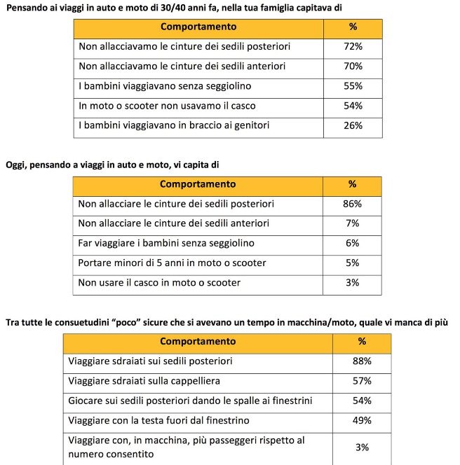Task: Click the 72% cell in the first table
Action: (353, 46)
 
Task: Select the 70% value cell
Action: (353, 66)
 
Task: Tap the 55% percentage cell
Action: (353, 86)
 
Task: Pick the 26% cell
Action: (353, 125)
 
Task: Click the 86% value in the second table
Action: (352, 204)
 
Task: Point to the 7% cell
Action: (352, 223)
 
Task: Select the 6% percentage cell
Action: (352, 243)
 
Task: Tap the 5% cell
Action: (352, 263)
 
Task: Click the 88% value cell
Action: (362, 361)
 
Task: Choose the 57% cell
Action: (362, 381)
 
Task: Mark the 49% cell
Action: (362, 420)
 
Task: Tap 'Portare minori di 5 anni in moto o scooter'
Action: (172, 263)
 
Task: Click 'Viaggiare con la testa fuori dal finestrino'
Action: (158, 420)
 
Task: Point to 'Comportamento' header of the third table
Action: (198, 341)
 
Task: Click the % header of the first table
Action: (353, 27)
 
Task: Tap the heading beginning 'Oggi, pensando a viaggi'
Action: (112, 165)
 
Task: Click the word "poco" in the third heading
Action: (128, 322)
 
